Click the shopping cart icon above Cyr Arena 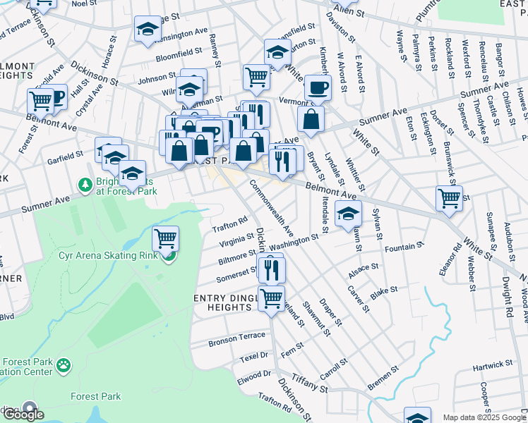(x=165, y=238)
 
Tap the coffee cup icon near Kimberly (x=318, y=87)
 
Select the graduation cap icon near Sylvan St (x=347, y=214)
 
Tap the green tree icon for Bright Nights (x=85, y=184)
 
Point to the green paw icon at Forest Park (x=64, y=365)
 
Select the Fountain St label (x=404, y=247)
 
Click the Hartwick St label (x=493, y=364)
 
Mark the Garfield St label (x=66, y=155)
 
